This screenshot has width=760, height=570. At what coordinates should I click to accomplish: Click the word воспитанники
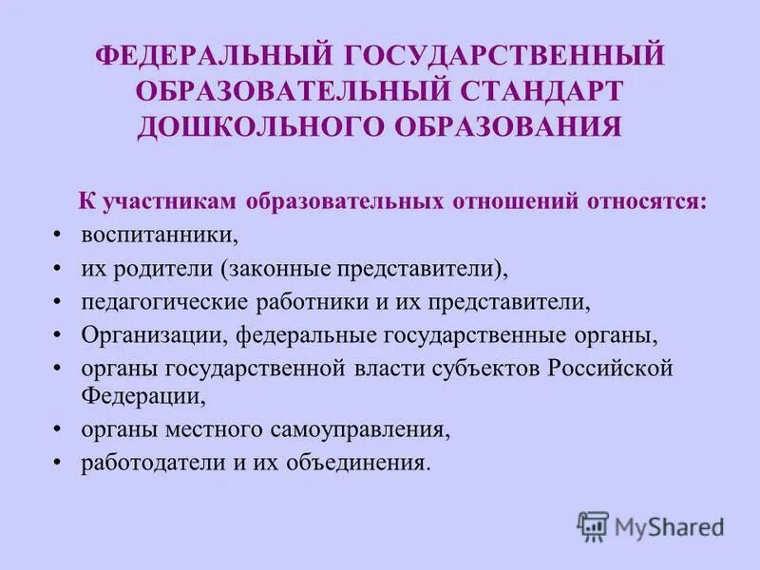click(x=158, y=235)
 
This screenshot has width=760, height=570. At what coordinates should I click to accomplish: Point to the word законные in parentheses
click(x=275, y=269)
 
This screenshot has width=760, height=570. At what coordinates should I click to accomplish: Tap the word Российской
click(x=610, y=369)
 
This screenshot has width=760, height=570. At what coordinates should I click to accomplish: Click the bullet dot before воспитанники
click(x=59, y=236)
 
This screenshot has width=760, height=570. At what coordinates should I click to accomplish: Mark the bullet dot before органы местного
click(x=59, y=430)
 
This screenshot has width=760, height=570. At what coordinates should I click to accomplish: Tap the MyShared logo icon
click(x=593, y=525)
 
